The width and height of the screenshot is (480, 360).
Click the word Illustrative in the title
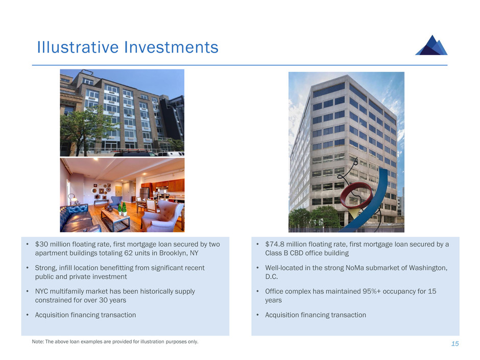point(78,47)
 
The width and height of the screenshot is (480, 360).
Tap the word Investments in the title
point(171,47)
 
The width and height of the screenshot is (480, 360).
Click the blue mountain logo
point(431,45)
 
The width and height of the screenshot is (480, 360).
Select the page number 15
point(455,344)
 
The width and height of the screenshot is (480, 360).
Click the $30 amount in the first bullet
point(42,244)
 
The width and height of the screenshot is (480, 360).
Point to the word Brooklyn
point(173,253)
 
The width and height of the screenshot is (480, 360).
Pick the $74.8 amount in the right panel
point(275,244)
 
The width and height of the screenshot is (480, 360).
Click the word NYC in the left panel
point(41,291)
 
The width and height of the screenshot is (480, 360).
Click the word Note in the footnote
point(38,342)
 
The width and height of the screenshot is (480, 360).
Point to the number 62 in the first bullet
point(128,253)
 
